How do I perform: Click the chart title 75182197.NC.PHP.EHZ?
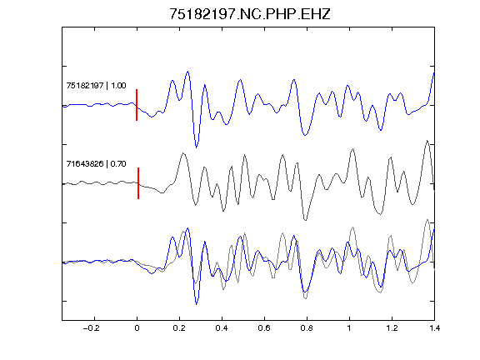pos(250,14)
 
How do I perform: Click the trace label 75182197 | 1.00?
pos(96,85)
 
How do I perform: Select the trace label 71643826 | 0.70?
pos(96,164)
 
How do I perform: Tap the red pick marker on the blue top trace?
pos(137,105)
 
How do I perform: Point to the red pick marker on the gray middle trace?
pos(138,183)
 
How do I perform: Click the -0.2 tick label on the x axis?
pos(92,328)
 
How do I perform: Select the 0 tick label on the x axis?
pos(137,328)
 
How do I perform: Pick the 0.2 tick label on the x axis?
pos(179,328)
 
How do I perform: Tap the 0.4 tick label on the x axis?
pos(222,328)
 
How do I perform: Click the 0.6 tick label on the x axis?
pos(264,328)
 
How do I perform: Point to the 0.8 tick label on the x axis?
pos(307,328)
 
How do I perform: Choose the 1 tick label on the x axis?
pos(349,328)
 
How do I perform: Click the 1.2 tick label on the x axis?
pos(392,328)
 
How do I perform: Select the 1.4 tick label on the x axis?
pos(434,328)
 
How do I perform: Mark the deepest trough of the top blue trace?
pos(196,147)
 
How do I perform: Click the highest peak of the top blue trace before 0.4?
pos(187,72)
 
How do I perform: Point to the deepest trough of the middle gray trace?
pos(305,220)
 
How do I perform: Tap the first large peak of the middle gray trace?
pos(183,153)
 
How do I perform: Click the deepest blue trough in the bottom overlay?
pos(196,304)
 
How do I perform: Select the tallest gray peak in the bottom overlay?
pos(427,219)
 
